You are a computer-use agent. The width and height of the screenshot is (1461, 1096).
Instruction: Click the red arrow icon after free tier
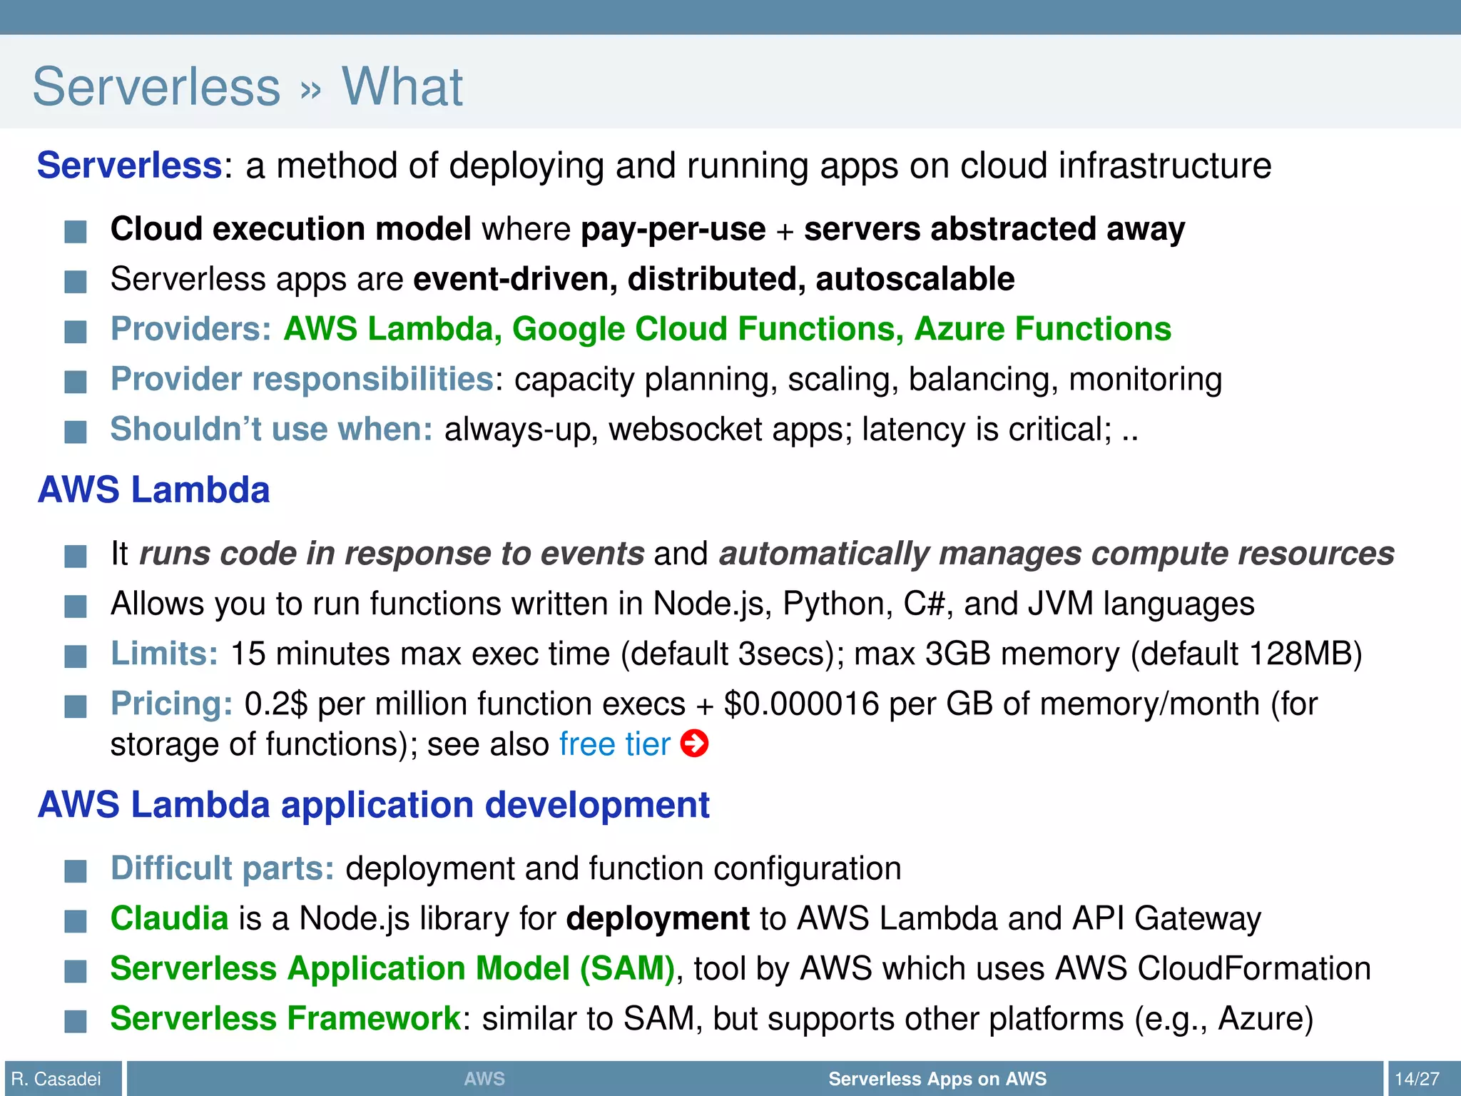click(694, 744)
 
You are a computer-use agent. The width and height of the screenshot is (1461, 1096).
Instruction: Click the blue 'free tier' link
click(614, 744)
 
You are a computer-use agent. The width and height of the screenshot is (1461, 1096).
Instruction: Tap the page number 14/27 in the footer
click(1417, 1078)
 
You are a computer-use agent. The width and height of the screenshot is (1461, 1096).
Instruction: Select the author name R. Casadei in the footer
click(56, 1078)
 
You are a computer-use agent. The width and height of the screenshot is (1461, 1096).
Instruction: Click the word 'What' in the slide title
click(402, 86)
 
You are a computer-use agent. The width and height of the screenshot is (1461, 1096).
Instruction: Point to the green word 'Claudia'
click(169, 918)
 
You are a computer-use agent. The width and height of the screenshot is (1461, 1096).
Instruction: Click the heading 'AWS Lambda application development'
click(373, 805)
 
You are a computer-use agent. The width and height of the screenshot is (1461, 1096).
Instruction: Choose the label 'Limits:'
click(164, 654)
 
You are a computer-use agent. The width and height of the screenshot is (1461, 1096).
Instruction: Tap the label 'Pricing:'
click(171, 704)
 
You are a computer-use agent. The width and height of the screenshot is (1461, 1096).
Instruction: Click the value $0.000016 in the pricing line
click(801, 704)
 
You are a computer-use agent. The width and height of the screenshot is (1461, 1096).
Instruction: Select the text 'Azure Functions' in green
click(1042, 329)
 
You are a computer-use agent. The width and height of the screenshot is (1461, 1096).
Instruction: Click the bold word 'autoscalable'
click(915, 279)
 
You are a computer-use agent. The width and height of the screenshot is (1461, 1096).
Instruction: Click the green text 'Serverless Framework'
click(285, 1018)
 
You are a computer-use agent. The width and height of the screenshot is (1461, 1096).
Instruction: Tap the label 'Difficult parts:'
click(222, 868)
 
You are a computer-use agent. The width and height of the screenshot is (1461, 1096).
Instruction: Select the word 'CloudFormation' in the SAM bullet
click(1253, 968)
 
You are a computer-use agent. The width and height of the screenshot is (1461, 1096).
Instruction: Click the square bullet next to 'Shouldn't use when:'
click(76, 431)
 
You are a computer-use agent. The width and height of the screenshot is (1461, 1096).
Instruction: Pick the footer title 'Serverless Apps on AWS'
click(937, 1078)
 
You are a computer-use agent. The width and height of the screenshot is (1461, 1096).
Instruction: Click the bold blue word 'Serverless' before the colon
click(129, 166)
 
